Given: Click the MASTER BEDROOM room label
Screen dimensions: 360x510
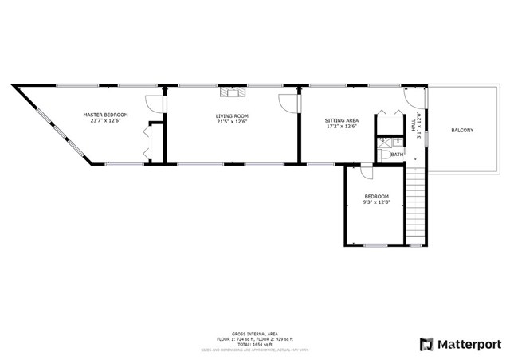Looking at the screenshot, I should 106,115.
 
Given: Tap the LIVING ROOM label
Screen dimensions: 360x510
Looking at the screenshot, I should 232,116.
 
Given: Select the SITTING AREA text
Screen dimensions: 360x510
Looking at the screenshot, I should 341,120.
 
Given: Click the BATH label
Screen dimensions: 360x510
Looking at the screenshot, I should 396,155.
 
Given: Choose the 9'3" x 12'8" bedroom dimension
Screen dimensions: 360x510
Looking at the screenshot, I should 377,202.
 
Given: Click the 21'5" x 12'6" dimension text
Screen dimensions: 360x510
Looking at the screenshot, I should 232,123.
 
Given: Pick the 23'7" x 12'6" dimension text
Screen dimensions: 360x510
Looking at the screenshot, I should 106,121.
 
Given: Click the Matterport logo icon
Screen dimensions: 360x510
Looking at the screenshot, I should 428,343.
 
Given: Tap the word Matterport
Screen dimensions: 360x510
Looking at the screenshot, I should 471,344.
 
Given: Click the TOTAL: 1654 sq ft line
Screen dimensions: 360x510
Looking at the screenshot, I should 254,343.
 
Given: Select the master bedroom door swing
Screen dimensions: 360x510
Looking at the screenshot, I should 154,103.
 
